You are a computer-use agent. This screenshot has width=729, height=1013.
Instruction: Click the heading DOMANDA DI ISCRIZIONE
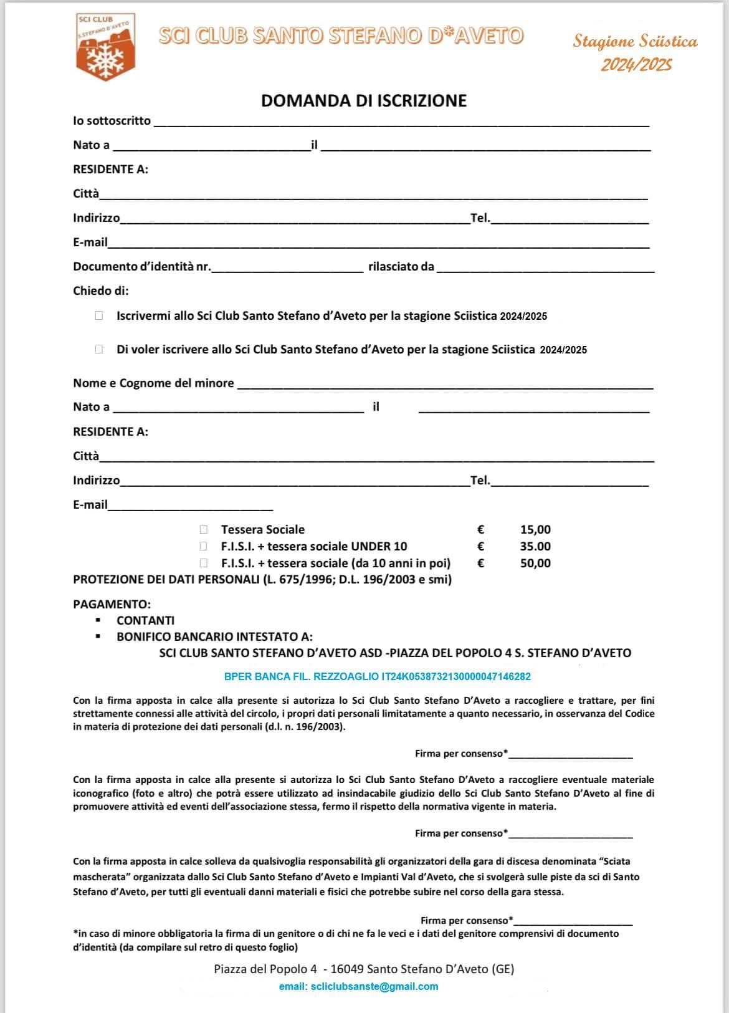click(363, 101)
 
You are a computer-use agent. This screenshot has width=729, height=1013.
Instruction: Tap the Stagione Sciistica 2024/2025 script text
click(636, 52)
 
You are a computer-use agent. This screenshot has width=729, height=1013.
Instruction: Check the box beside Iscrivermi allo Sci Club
click(99, 316)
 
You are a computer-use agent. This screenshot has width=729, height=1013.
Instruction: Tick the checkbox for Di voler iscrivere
click(99, 350)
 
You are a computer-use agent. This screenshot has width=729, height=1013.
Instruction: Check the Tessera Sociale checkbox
click(204, 530)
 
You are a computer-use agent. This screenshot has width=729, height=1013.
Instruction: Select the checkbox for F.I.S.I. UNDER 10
click(204, 547)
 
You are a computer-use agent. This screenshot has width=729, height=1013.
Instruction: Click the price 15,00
click(535, 530)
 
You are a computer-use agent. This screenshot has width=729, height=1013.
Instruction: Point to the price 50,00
click(535, 564)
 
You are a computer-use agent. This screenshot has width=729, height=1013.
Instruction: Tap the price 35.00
click(535, 547)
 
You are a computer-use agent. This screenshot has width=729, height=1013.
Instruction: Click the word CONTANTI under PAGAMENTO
click(145, 621)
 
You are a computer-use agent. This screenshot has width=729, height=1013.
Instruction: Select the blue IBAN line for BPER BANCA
click(377, 676)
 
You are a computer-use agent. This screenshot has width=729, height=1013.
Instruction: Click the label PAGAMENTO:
click(112, 604)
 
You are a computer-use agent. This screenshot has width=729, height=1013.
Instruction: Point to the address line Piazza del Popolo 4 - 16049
click(364, 969)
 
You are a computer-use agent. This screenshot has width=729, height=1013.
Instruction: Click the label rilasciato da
click(401, 267)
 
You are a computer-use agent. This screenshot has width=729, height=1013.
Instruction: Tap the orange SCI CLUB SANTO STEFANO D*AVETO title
click(341, 36)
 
